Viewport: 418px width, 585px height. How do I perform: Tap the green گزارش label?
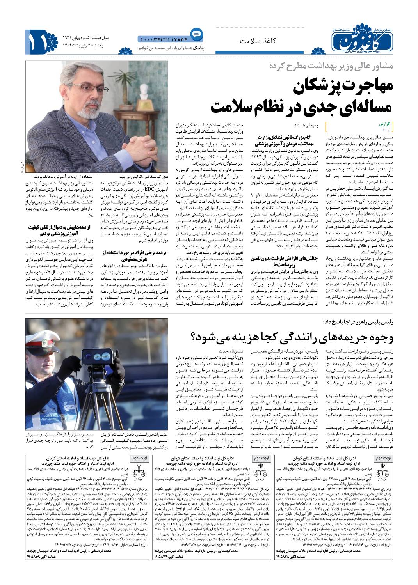coord(384,123)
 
